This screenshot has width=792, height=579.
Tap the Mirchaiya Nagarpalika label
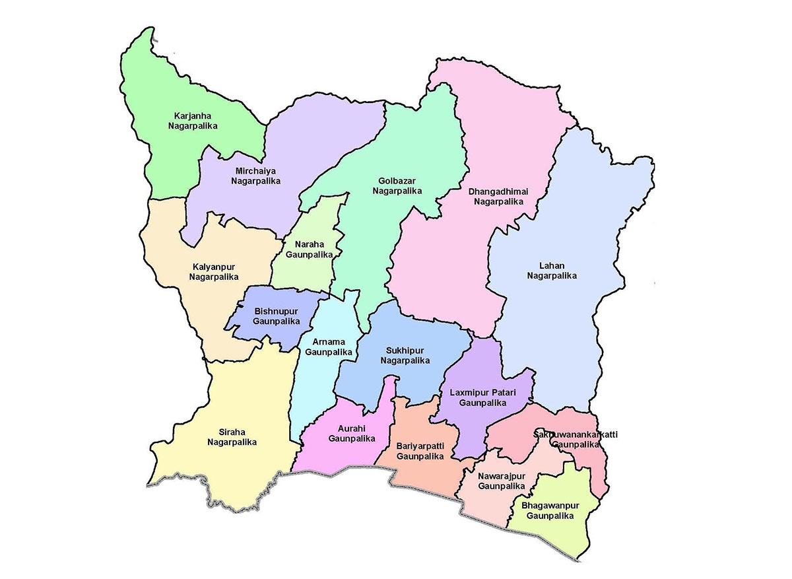[256, 175]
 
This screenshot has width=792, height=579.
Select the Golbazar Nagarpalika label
[397, 186]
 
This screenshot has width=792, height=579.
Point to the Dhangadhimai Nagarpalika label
[498, 196]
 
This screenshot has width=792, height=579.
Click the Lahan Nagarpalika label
[552, 271]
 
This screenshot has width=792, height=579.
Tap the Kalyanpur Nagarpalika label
[214, 271]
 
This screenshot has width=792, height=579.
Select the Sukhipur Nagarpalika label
[405, 355]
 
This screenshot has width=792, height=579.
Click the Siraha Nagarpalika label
[231, 436]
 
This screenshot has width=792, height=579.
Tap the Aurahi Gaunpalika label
[351, 432]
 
